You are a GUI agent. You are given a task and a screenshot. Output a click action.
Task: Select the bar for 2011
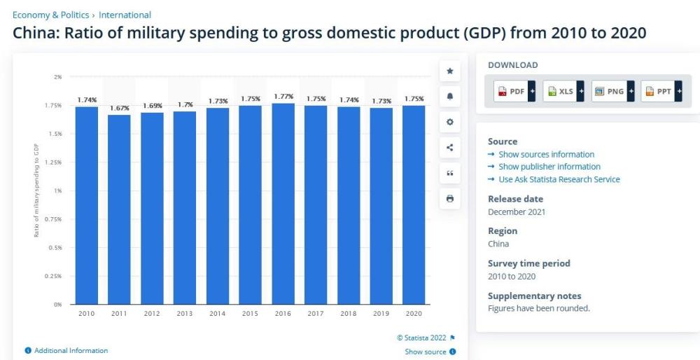tap(120, 210)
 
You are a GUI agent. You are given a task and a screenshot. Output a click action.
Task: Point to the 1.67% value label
tap(120, 109)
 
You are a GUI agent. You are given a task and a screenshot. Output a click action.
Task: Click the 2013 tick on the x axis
tap(185, 313)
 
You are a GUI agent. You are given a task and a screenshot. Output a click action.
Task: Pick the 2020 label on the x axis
tap(414, 313)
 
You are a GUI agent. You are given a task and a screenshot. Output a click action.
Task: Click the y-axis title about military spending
tap(36, 190)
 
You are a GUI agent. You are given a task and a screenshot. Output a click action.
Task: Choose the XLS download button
tap(563, 92)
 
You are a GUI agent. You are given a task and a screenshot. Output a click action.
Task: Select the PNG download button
tap(612, 92)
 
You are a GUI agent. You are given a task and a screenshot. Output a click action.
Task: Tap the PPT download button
tap(661, 92)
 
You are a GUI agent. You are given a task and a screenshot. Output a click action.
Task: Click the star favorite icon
tap(449, 71)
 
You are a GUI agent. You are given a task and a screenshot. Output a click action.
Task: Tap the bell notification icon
tap(449, 96)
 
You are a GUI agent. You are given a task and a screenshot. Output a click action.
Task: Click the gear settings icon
tap(449, 122)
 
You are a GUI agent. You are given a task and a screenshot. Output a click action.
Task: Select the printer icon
tap(449, 199)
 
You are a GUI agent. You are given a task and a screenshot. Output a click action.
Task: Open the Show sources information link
tap(546, 154)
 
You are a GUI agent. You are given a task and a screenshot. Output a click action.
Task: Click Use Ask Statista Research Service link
tap(559, 179)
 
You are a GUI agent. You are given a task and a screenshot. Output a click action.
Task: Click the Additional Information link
tap(71, 351)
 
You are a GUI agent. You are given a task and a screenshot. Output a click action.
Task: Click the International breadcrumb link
tap(125, 15)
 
